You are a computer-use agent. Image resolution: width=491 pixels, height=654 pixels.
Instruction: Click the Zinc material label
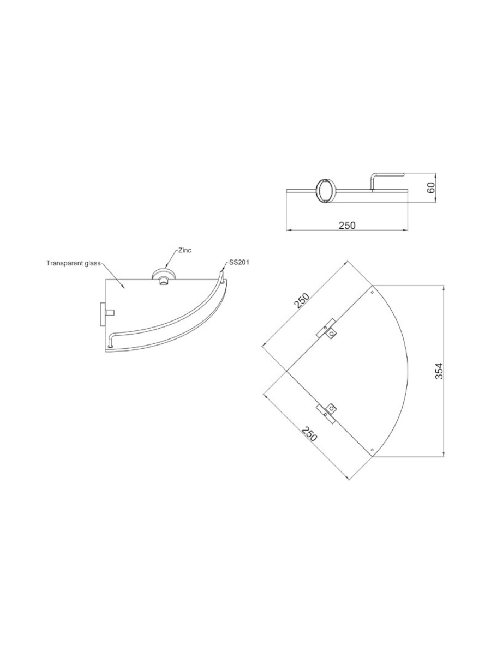point(185,250)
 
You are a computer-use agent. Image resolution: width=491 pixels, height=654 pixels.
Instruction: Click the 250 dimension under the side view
point(347,225)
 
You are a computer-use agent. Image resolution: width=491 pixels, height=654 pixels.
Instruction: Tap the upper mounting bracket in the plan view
point(327,330)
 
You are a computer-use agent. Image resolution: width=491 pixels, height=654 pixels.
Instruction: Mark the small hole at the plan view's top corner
point(372,293)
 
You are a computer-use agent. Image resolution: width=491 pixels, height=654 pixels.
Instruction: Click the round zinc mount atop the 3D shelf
point(161,277)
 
